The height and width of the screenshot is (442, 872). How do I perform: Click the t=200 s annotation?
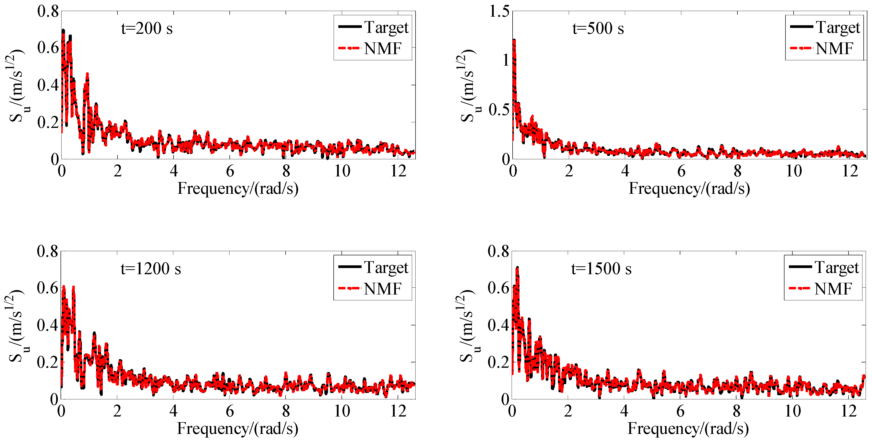pos(147,28)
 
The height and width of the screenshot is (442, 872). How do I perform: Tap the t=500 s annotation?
pos(598,28)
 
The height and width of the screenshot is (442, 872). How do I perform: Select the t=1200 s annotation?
pos(151,269)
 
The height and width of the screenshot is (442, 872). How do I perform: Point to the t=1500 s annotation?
pos(601,269)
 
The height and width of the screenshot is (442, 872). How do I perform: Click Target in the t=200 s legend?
pos(386,27)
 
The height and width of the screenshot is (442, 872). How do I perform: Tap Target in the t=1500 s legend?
pos(836,267)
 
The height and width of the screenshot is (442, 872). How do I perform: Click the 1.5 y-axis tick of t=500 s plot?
pos(499,12)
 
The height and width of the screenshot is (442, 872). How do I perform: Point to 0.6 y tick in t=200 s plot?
pos(48,48)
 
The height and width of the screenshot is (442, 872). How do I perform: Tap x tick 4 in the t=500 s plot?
pos(625,171)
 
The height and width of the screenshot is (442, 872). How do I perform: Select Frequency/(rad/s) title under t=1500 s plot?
pos(688,429)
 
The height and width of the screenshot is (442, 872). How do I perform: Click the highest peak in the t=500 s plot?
pos(514,41)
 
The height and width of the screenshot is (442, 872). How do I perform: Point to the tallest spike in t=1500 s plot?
pos(517,268)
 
